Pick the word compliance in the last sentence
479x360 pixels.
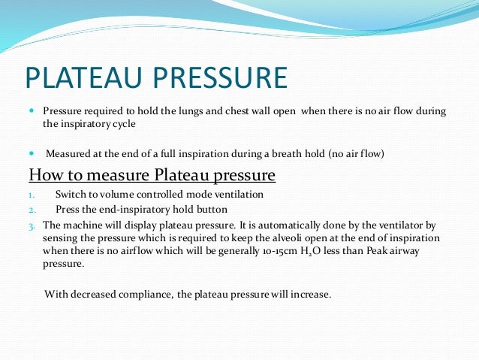point(146,294)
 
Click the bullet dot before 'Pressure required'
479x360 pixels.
point(32,110)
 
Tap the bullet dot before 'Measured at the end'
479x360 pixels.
point(32,153)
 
